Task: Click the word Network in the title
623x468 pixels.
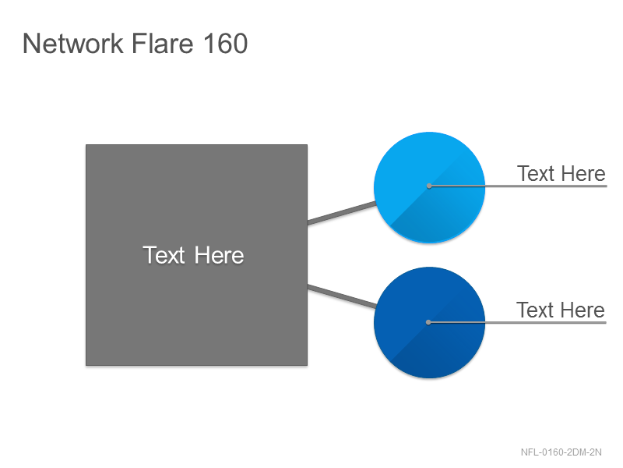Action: tap(72, 44)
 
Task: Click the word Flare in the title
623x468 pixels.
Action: tap(162, 43)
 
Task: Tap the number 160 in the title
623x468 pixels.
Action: tap(225, 44)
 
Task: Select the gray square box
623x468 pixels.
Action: tap(197, 255)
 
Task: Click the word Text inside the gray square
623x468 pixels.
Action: tap(164, 255)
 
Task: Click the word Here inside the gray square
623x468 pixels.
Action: tap(219, 255)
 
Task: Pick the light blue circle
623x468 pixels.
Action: tap(430, 187)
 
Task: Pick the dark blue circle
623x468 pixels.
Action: tap(430, 322)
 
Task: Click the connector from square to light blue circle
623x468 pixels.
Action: tap(342, 213)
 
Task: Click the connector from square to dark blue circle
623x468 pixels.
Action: tap(342, 296)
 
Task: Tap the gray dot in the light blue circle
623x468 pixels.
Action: tap(429, 186)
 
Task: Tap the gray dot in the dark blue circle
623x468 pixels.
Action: tap(428, 322)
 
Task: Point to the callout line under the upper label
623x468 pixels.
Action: tap(518, 186)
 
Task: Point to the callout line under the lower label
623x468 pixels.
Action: tap(517, 322)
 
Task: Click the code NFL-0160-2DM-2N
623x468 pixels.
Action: tap(561, 452)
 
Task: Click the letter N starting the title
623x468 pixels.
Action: tap(31, 44)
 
